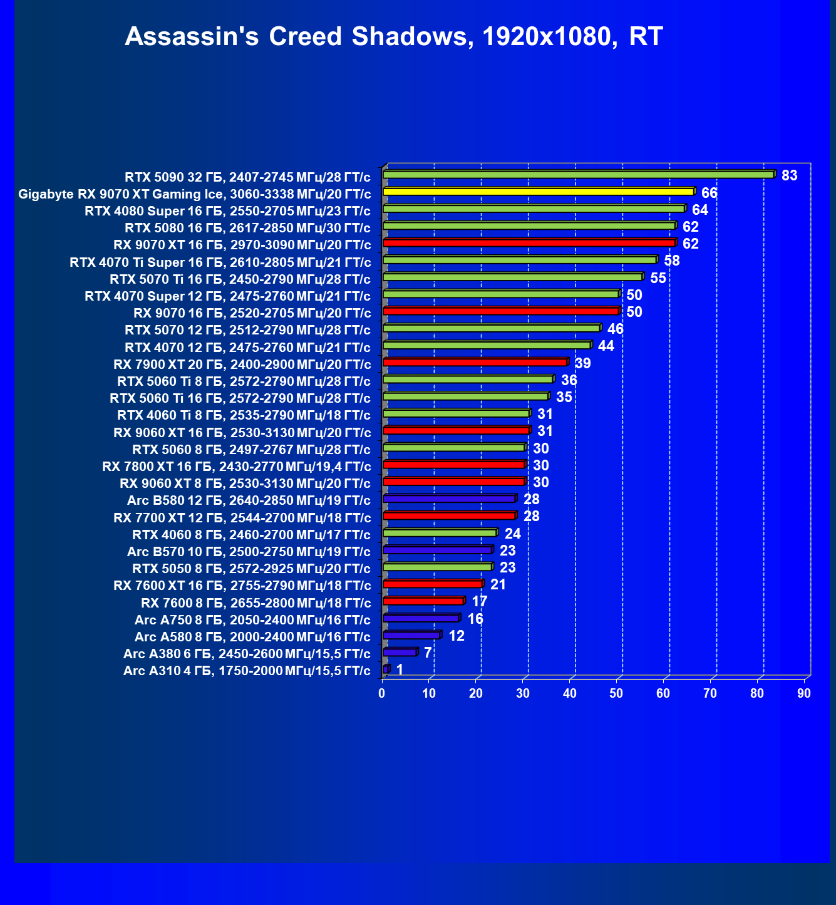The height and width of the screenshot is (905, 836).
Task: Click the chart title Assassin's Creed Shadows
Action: point(394,37)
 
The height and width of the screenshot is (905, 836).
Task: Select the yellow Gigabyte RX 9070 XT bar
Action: point(539,192)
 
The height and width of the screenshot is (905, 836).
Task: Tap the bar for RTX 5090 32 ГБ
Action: point(579,174)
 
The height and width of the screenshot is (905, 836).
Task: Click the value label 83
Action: point(790,175)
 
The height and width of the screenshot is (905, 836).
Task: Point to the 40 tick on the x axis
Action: point(570,693)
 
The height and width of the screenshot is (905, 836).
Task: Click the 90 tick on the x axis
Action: point(804,693)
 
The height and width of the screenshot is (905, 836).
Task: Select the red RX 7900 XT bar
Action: point(475,362)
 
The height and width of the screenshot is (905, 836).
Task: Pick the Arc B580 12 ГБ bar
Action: point(449,499)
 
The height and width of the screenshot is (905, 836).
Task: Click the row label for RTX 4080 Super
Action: point(227,211)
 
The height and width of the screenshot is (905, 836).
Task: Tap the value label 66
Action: point(710,193)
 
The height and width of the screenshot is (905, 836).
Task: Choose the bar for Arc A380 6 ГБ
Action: point(400,652)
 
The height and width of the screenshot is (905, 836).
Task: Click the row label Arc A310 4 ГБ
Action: point(247,671)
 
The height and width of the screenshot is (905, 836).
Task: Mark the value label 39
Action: point(582,364)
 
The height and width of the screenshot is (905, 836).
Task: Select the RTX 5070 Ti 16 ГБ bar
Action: point(512,277)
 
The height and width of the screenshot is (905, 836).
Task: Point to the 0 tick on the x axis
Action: point(382,693)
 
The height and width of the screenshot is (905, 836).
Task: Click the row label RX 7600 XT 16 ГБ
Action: point(242,586)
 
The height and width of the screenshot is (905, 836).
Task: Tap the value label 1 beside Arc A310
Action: point(400,670)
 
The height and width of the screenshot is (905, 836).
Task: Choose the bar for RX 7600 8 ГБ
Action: point(423,601)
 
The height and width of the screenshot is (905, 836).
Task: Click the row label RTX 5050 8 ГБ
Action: point(251,569)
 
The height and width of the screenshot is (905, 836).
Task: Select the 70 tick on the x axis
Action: point(710,693)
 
